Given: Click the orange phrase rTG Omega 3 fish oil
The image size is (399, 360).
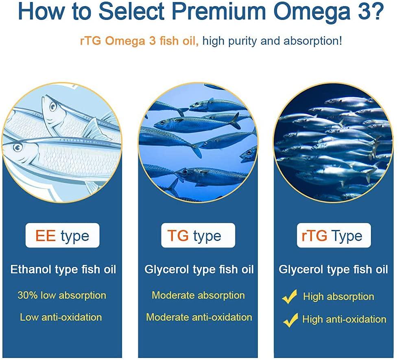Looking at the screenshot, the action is click(139, 41).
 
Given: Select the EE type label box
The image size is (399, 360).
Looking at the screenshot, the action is click(62, 235).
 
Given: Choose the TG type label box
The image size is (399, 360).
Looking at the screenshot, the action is click(198, 235).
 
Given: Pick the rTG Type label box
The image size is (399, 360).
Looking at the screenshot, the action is click(334, 235).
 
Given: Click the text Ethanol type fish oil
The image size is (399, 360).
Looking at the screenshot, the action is click(63, 269).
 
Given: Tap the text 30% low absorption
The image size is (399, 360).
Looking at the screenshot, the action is click(62, 295).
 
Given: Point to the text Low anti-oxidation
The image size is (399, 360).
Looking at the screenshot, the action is click(61, 317).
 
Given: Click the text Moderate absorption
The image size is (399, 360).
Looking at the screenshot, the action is click(198, 295).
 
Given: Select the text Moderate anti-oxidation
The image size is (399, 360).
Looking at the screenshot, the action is click(199, 317).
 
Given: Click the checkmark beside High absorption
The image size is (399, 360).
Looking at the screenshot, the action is click(290, 297).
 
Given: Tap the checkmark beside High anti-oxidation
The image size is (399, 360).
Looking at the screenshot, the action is click(290, 320).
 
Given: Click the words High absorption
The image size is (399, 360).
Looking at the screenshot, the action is click(338, 297).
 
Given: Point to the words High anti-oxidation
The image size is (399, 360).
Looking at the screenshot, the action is click(344, 319).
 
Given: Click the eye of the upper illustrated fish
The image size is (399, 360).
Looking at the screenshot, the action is click(53, 106).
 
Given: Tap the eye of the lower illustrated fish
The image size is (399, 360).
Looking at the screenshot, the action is click(17, 147).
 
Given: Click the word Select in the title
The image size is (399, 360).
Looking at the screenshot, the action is click(131, 11).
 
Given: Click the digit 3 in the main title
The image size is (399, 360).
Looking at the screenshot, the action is click(360, 11).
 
